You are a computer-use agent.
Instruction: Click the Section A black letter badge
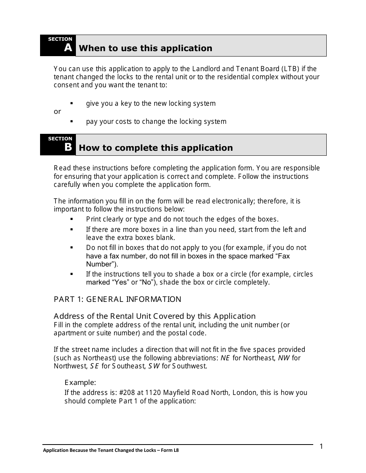tap(58, 45)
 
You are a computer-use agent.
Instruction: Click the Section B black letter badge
tap(58, 145)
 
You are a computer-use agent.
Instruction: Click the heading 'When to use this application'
tap(145, 48)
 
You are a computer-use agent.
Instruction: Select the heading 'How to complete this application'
tap(156, 148)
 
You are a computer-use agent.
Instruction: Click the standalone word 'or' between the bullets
tap(57, 112)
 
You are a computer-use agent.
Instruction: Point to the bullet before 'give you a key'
tap(72, 103)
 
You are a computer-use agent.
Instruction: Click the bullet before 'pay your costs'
tap(72, 122)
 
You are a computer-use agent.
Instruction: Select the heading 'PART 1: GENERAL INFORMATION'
tap(117, 299)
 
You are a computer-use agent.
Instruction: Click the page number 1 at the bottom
tap(321, 446)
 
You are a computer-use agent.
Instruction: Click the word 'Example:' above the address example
tap(80, 383)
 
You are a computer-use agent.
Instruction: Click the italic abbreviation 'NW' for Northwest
tap(284, 358)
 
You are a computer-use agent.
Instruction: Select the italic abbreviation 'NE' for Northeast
tap(225, 358)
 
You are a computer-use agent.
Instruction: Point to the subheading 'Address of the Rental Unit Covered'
tap(154, 316)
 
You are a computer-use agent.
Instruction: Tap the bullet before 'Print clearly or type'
tap(72, 219)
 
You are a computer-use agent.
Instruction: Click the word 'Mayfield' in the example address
tap(176, 393)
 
